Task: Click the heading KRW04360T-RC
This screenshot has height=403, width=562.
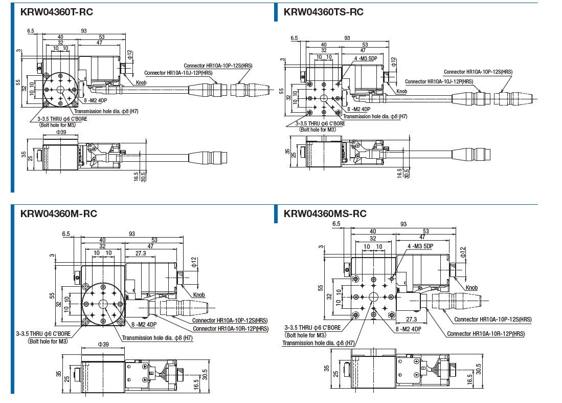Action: pos(57,12)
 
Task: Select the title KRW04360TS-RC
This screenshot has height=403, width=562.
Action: pos(323,12)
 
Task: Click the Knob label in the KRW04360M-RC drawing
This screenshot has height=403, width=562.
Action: pos(199,295)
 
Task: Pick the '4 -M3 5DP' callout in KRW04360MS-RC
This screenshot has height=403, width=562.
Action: pos(420,246)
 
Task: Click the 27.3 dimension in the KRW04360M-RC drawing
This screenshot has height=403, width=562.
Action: pos(141,253)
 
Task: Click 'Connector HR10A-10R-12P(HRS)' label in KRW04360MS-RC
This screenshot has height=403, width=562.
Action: pos(486,334)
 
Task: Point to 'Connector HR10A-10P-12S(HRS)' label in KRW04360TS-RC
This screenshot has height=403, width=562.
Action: pos(478,72)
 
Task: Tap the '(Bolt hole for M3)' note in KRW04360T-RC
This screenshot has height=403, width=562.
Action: pos(59,124)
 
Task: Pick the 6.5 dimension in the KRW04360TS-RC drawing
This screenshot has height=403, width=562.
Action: pos(294,38)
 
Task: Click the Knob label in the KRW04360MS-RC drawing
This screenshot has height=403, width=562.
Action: pos(471,288)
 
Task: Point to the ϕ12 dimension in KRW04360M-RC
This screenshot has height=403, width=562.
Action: pos(194,263)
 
